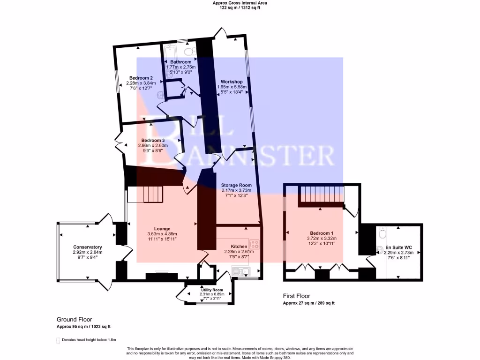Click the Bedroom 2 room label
pos(141,78)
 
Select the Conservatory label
pos(88,247)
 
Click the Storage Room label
pos(236,185)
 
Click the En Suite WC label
pos(397,247)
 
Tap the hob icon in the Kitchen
pos(255,244)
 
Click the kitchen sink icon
pos(242,271)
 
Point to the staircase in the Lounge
pos(151,193)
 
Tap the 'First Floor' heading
pos(296,296)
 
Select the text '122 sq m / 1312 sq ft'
pos(240,8)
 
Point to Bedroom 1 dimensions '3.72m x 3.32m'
pos(322,238)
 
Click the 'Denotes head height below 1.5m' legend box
pos(59,340)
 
